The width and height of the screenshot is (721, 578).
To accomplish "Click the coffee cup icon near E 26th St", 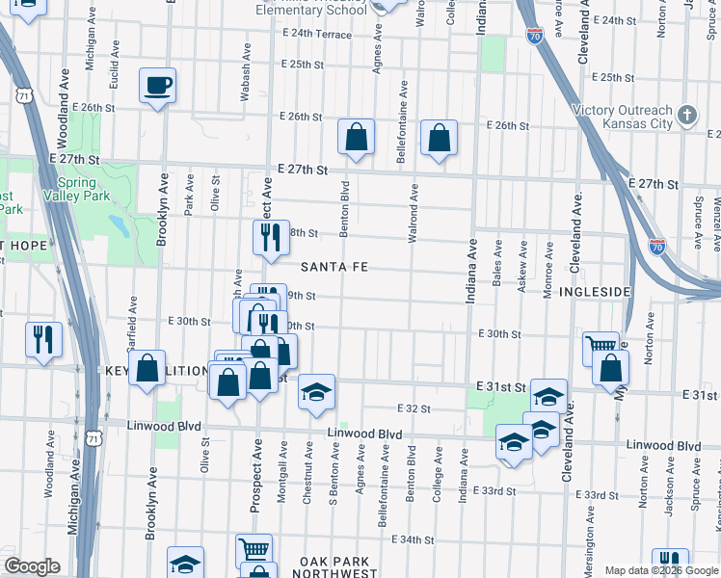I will pyautogui.click(x=157, y=87).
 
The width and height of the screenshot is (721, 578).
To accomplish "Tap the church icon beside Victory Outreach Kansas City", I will pyautogui.click(x=687, y=116).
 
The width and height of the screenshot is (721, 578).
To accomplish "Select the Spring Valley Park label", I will pyautogui.click(x=76, y=189).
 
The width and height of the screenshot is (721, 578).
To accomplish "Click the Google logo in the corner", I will pyautogui.click(x=32, y=566).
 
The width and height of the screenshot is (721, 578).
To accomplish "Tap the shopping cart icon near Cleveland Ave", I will pyautogui.click(x=601, y=346).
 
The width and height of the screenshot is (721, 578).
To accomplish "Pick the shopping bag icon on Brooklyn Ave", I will pyautogui.click(x=147, y=368).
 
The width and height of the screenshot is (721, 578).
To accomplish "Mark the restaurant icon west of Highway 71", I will pyautogui.click(x=42, y=339).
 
